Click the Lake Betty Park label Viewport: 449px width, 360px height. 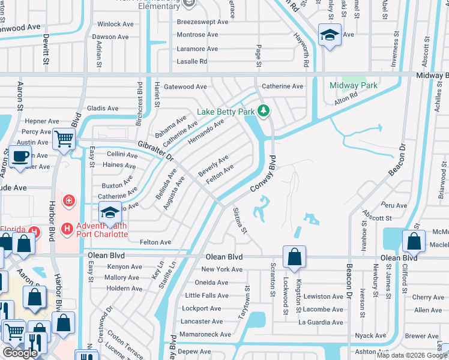point(226,112)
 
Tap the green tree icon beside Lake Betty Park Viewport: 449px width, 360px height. point(263,110)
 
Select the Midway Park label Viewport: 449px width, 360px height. point(354,85)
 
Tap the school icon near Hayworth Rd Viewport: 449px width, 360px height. point(329,35)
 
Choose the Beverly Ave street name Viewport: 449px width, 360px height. point(213,165)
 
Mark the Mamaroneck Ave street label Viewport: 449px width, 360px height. point(205,335)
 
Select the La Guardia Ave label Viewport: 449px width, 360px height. point(321,322)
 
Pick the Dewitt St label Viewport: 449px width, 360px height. point(46,49)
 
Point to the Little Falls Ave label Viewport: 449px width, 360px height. point(206,296)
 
